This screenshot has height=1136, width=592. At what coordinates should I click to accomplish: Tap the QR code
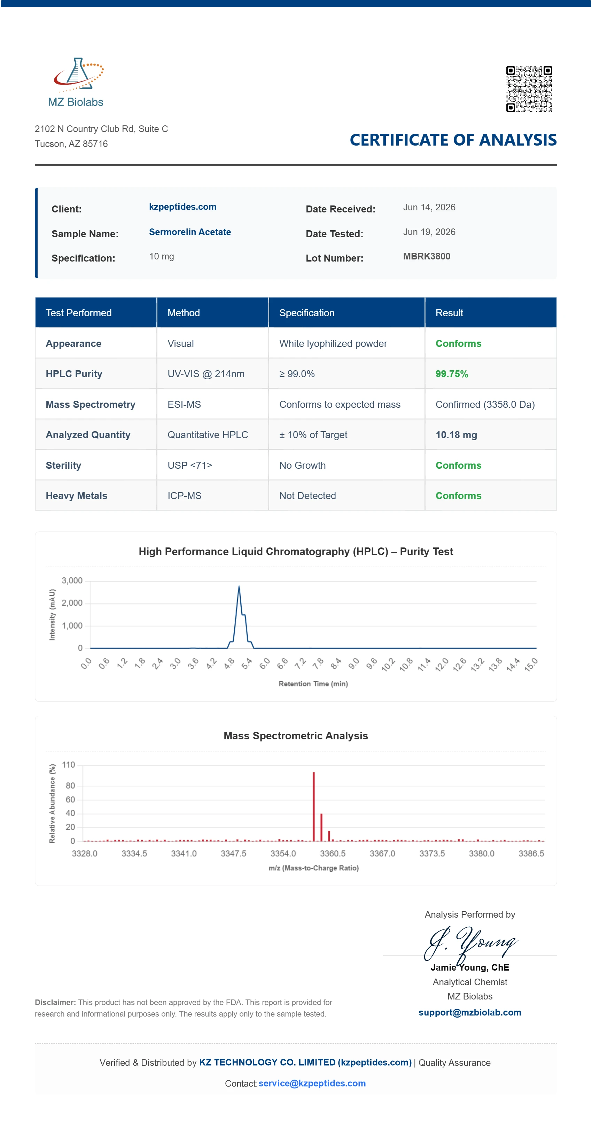529,89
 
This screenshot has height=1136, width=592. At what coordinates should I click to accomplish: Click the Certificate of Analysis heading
453,140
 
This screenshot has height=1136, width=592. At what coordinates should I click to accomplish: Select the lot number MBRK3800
427,256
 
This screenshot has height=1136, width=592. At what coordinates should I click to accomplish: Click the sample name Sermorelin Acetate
190,232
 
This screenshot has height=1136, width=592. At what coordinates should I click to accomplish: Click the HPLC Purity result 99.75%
452,374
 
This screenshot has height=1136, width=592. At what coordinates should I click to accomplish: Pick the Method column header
184,313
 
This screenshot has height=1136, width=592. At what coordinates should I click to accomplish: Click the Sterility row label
63,465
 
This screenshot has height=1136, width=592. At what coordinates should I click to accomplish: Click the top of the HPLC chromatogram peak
239,586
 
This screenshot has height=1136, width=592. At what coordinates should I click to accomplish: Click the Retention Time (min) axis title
313,684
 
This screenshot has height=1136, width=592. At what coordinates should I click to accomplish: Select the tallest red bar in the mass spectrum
314,807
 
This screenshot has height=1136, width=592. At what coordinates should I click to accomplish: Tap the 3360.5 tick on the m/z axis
333,853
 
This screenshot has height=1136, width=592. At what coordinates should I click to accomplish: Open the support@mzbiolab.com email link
470,1012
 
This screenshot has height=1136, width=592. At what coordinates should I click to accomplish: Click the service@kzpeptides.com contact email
312,1083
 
